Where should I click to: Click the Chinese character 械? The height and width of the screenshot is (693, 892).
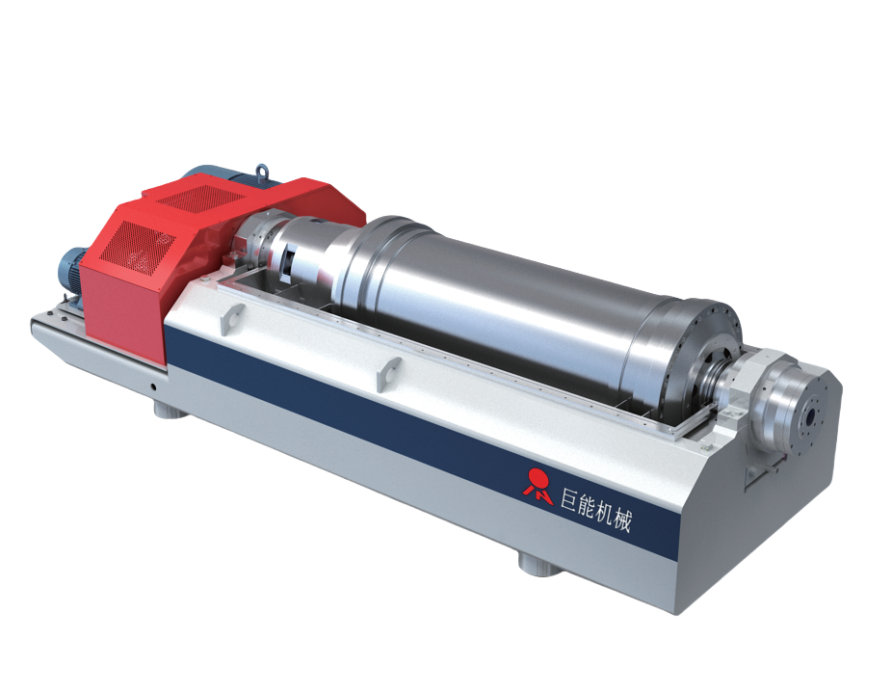point(622,520)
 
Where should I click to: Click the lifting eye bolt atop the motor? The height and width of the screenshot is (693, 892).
point(262,171)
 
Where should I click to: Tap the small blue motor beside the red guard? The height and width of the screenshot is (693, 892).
point(70,272)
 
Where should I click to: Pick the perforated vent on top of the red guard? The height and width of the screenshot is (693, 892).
point(200,197)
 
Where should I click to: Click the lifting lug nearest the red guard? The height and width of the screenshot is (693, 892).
point(231,318)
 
